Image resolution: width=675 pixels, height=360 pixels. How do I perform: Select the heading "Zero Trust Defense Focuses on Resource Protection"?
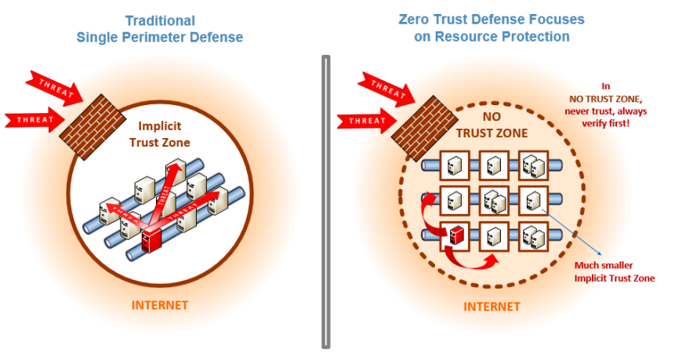point(492,27)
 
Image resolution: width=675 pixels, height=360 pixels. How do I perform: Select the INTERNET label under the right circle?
point(492,306)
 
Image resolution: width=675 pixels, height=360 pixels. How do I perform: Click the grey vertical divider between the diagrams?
point(325,200)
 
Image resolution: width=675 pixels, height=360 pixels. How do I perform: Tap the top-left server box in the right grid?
point(455,165)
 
